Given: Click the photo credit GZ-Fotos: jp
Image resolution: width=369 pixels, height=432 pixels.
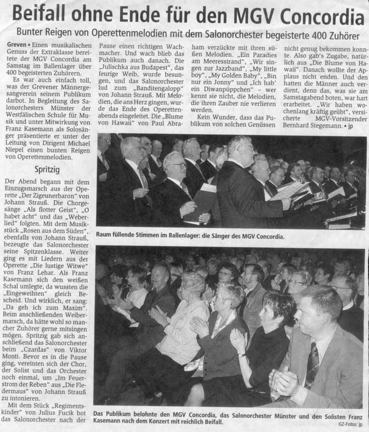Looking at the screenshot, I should point(352,424).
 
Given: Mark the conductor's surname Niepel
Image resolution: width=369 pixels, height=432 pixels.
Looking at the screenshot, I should point(17,149).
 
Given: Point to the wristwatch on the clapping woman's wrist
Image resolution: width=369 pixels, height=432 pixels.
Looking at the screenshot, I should point(241,354).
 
